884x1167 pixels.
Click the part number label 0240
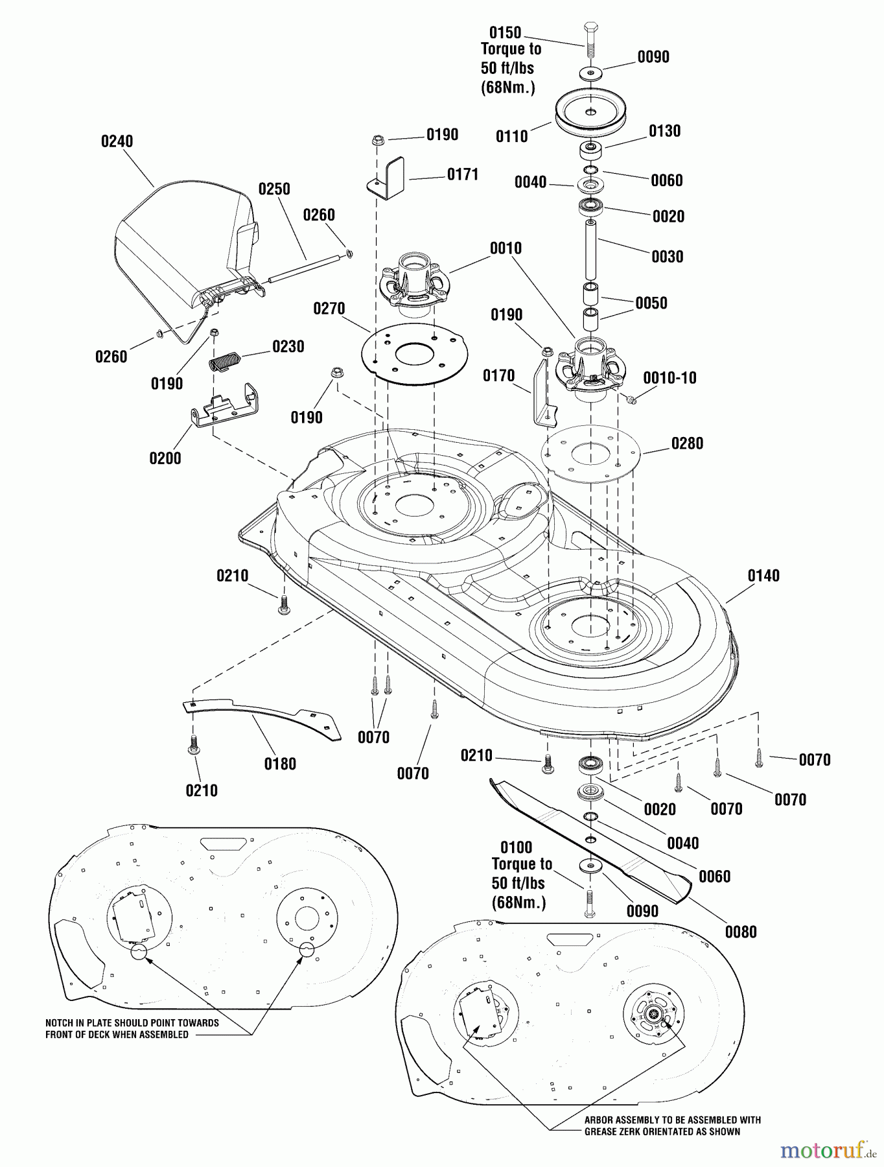coord(117,141)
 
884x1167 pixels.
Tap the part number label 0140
coord(763,576)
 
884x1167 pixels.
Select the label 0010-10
coord(669,378)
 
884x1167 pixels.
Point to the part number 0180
coord(280,764)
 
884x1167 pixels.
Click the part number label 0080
coord(741,932)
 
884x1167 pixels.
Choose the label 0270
coord(329,309)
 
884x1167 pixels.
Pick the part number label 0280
coord(687,443)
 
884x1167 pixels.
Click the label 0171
coord(463,174)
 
